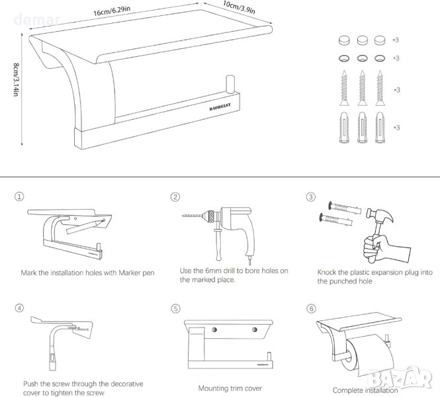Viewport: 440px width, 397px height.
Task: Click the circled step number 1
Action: coord(19,197)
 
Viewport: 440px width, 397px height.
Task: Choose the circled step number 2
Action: coord(175,197)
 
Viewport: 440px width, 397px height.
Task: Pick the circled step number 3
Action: coord(310,197)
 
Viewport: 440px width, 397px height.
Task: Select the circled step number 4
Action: coord(19,308)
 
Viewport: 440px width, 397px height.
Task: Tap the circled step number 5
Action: coord(175,308)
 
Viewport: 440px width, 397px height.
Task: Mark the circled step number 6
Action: coord(310,308)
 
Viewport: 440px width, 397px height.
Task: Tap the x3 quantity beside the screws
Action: coord(396,89)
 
